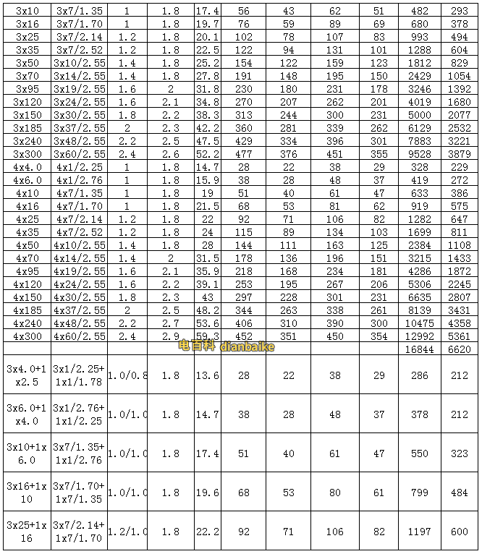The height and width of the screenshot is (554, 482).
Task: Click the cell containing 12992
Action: [x=419, y=336]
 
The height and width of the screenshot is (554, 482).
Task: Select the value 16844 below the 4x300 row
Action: [x=419, y=349]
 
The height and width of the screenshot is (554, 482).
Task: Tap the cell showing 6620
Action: [x=460, y=349]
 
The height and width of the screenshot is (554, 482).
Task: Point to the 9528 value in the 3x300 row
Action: [x=419, y=154]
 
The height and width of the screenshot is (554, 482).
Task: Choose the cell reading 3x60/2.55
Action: [x=80, y=154]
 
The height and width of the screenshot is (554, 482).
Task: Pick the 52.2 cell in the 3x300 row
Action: [x=207, y=154]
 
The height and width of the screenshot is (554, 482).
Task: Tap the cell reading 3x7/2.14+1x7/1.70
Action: [x=80, y=532]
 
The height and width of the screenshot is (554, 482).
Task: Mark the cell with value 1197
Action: [x=419, y=532]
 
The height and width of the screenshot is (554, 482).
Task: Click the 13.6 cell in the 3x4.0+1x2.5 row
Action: [x=207, y=375]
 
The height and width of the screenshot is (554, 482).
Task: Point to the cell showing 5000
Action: [x=419, y=115]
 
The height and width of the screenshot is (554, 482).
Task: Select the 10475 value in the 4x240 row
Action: [x=419, y=323]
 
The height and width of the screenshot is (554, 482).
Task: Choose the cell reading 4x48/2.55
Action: [x=80, y=323]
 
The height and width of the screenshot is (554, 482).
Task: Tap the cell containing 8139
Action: [x=419, y=310]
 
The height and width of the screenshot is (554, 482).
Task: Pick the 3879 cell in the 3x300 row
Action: [x=460, y=154]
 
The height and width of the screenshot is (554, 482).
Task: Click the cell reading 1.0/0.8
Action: [x=127, y=375]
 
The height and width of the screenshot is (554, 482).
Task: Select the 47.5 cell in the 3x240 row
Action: [x=207, y=141]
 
